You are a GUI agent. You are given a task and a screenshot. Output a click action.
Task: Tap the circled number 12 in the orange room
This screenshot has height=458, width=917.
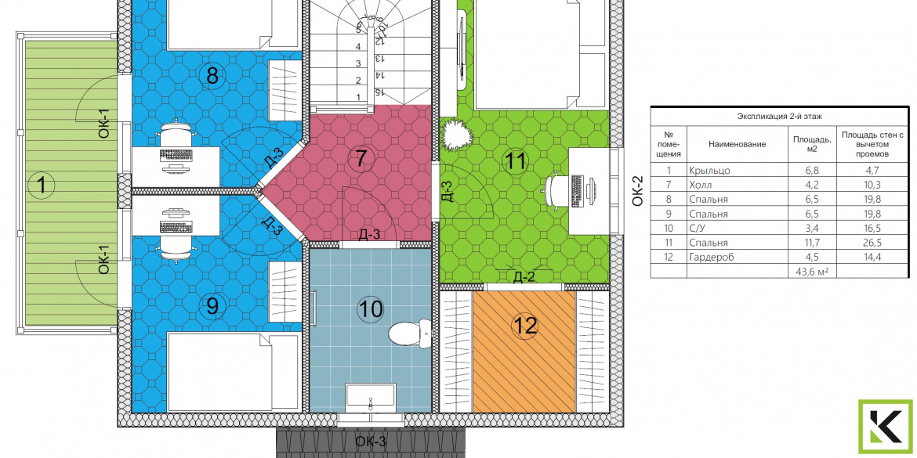pos(524,326)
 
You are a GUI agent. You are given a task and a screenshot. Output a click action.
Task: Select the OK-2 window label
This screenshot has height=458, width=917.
pos(637,191)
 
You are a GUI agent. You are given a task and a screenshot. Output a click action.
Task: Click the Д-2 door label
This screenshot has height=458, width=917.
pos(524,277)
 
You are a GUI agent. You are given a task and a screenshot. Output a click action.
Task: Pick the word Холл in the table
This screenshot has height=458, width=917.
pos(701,186)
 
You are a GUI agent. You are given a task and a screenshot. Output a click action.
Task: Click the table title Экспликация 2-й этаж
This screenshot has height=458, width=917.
pos(780,117)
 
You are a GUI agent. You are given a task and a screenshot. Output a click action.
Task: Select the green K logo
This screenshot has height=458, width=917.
pos(885,427)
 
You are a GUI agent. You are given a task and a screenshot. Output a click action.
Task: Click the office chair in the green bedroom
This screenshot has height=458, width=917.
pos(557,190)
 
